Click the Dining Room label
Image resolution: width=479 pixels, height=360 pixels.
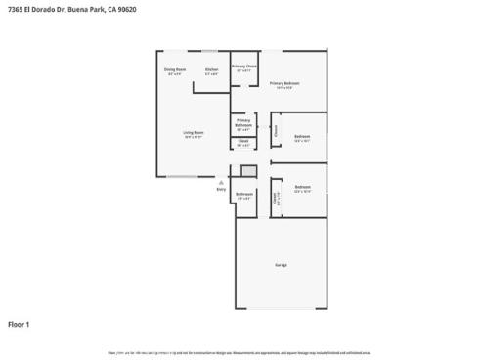pyautogui.click(x=175, y=70)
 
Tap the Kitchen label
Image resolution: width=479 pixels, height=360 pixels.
pyautogui.click(x=211, y=70)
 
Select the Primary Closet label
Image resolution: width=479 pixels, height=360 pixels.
pyautogui.click(x=243, y=67)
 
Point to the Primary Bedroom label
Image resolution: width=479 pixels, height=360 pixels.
pyautogui.click(x=284, y=84)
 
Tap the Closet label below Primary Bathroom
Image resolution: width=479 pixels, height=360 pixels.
pyautogui.click(x=243, y=143)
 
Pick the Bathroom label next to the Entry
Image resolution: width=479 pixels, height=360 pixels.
pyautogui.click(x=244, y=195)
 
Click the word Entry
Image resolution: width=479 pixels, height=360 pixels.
pyautogui.click(x=221, y=189)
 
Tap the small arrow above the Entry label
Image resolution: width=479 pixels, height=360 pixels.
pyautogui.click(x=222, y=180)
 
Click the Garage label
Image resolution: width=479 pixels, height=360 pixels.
pyautogui.click(x=280, y=265)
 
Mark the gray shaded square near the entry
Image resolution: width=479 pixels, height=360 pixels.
pyautogui.click(x=249, y=171)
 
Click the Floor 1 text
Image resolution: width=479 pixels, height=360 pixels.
pyautogui.click(x=20, y=324)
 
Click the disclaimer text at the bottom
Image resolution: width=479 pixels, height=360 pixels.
pyautogui.click(x=239, y=350)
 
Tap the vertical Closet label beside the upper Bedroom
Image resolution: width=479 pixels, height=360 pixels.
pyautogui.click(x=276, y=129)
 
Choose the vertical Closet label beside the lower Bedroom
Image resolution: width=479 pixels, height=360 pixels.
pyautogui.click(x=275, y=198)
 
